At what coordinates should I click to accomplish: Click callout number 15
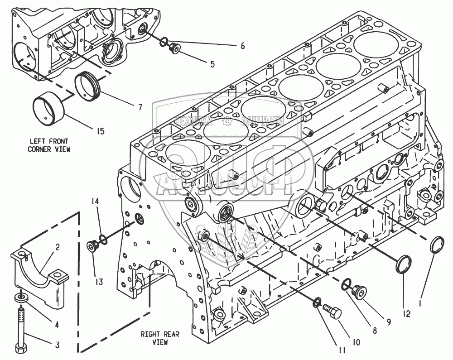[100, 131]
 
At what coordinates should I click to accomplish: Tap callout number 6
[242, 46]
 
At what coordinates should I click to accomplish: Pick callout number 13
[99, 282]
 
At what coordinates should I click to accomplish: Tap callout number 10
[356, 343]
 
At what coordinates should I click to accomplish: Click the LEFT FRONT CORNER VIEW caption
[49, 145]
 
